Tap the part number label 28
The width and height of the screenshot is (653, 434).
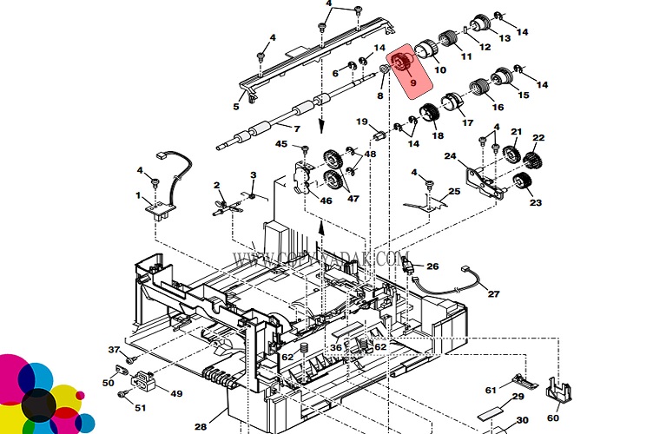point(201,426)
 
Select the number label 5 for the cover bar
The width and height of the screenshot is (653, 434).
point(235,108)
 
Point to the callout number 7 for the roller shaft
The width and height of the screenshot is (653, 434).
point(296,129)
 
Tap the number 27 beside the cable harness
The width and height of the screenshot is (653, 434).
point(493,294)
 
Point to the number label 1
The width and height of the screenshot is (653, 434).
point(137,196)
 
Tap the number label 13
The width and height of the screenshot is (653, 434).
point(505,37)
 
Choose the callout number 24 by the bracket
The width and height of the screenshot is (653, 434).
point(451,157)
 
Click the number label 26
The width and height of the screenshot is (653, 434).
point(432,266)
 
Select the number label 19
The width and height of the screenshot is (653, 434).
point(361,122)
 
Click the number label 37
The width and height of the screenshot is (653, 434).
point(113,350)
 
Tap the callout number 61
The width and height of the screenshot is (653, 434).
point(491,390)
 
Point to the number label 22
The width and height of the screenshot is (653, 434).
point(538,138)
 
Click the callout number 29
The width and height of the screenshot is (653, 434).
point(517,397)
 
